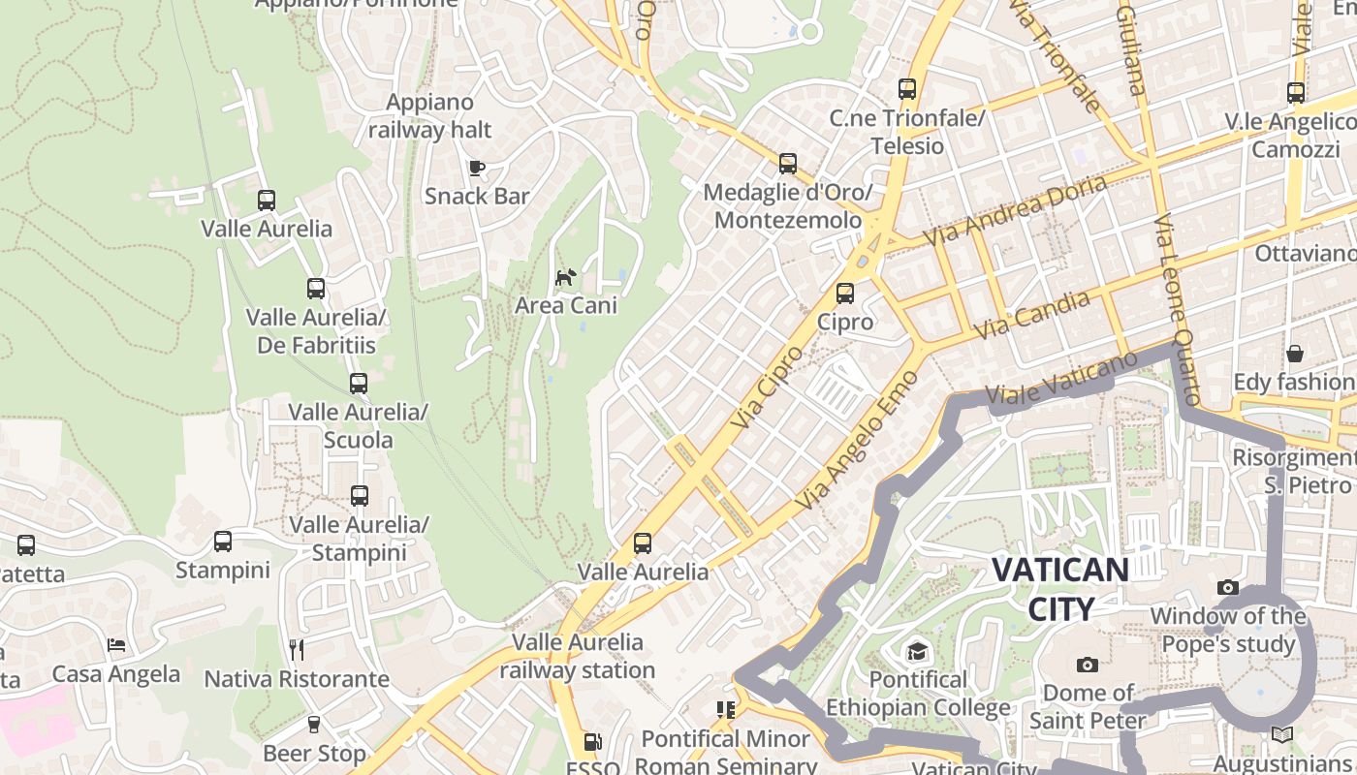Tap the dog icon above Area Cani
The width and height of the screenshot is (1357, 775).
pos(565,278)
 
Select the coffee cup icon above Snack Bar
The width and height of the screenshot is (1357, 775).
pos(477,168)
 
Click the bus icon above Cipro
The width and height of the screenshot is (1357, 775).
pos(845,293)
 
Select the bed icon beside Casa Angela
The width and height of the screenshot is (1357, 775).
pos(116,645)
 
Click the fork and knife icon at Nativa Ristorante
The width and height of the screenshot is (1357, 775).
pos(297,649)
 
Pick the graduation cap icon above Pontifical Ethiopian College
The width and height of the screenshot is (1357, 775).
pos(917,651)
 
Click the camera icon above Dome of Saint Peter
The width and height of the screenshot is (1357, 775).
pos(1088,665)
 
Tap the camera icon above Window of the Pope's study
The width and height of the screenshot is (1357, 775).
pos(1227,587)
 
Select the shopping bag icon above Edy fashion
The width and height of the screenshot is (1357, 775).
pos(1294,354)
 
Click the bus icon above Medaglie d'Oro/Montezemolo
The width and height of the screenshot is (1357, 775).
pos(788,164)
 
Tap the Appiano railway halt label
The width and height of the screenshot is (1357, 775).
pos(429,116)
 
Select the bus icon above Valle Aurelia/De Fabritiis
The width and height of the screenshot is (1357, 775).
pos(316,289)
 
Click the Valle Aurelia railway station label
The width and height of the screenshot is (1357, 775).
pos(578,656)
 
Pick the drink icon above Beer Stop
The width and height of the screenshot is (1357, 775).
pos(313,725)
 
